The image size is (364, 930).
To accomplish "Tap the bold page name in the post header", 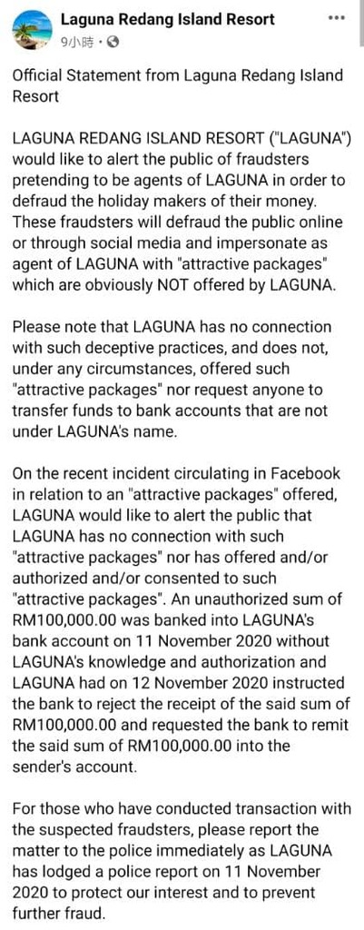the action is click(167, 19).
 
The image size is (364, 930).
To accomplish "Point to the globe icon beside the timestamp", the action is click(112, 41).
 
